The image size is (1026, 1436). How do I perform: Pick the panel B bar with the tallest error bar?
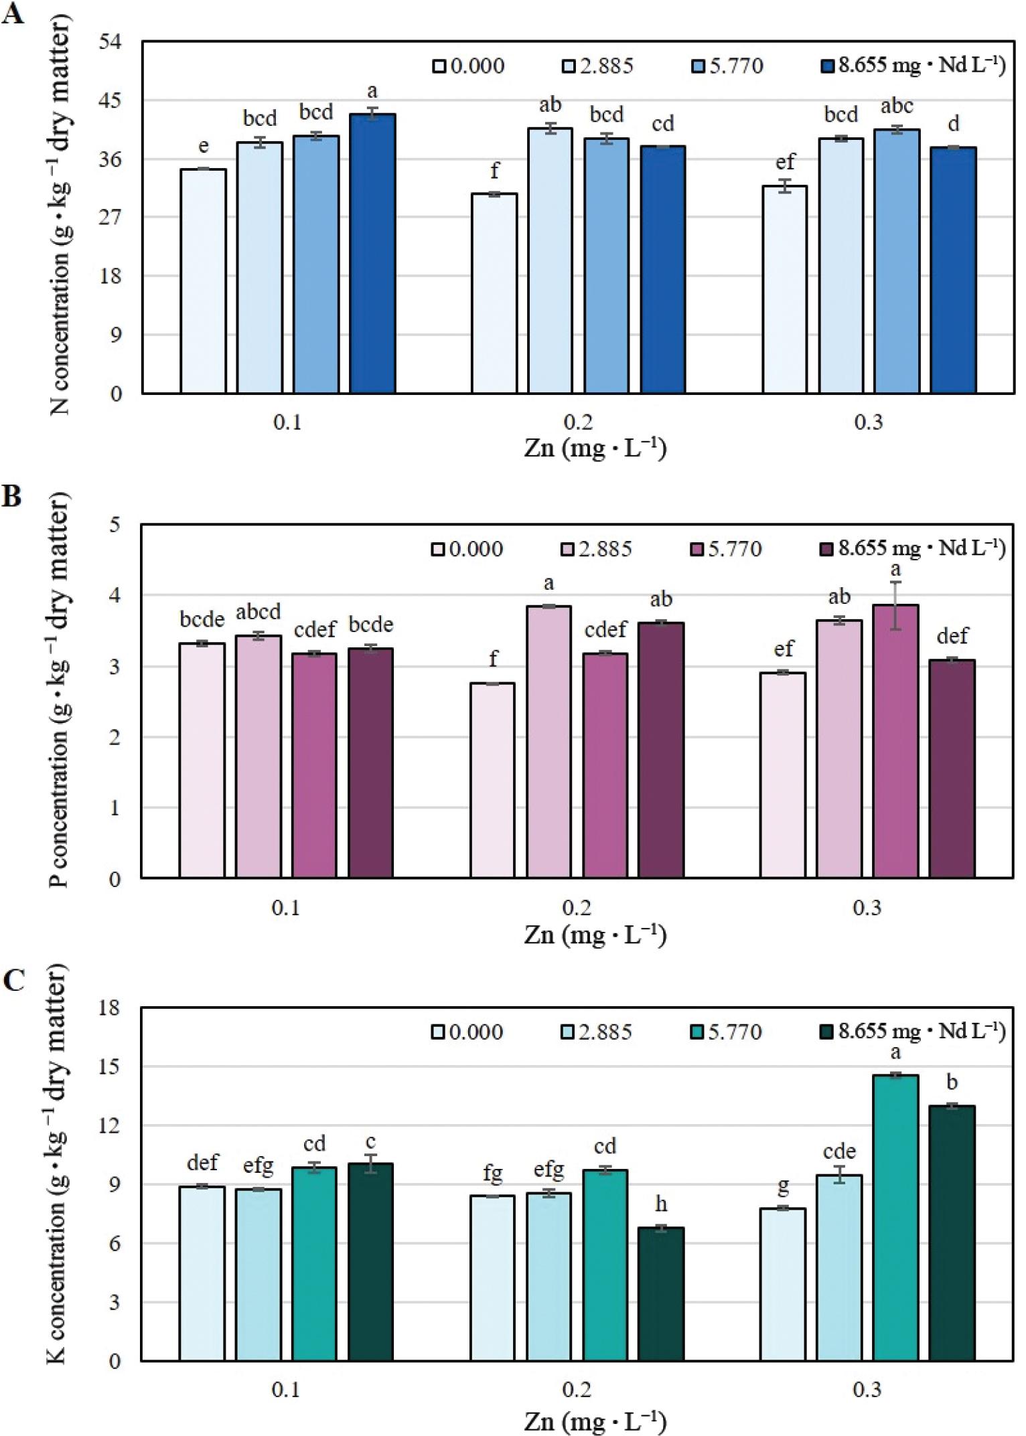point(895,740)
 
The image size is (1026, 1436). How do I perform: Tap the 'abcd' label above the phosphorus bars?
point(258,611)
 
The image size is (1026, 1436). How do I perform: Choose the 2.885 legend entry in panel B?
point(596,549)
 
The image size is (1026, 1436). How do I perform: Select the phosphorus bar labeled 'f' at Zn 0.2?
point(493,780)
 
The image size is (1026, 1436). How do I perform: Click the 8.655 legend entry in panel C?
point(911,1031)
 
